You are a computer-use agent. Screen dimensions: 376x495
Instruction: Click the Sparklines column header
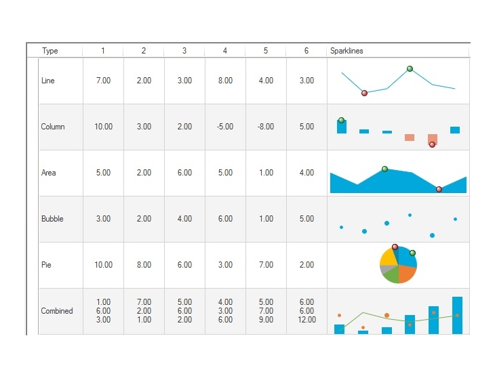coord(346,51)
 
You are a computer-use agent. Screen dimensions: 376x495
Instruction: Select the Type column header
coord(50,51)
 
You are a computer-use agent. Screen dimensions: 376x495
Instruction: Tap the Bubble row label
coord(52,219)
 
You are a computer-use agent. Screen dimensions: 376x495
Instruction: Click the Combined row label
coord(57,311)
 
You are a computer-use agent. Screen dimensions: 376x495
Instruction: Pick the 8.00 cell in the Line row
coord(225,81)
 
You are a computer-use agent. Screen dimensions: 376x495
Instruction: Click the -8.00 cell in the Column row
coord(266,127)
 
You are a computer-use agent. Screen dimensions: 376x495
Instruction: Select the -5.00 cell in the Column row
coord(225,127)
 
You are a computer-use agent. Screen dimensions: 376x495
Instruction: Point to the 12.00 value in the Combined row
coord(306,320)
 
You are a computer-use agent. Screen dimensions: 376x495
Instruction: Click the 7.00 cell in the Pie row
coord(266,265)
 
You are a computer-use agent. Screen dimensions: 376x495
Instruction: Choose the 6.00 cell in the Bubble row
coord(225,219)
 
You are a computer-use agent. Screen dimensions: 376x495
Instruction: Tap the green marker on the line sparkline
coord(410,68)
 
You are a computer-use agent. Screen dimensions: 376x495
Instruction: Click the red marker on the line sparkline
coord(364,93)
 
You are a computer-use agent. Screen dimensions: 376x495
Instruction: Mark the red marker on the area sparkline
coord(439,189)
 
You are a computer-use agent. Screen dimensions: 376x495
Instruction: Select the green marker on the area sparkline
coord(384,169)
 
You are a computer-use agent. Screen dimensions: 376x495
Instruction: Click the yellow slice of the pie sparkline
coord(388,257)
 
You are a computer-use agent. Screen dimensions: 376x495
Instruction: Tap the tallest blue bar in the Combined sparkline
coord(457,315)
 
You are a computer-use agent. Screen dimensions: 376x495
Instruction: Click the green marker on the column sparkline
coord(341,120)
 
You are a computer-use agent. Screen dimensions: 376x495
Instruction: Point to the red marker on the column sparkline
coord(432,144)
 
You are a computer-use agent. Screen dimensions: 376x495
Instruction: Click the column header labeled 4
coord(225,51)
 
